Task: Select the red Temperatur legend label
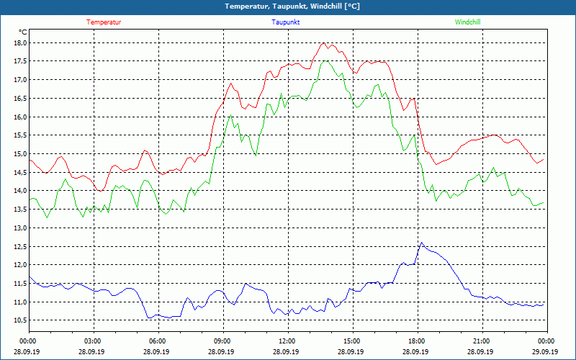tap(104, 22)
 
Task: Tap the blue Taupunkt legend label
tap(286, 22)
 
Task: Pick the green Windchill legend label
tap(468, 22)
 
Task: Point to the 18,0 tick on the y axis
tap(20, 42)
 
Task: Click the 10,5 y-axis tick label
tap(20, 320)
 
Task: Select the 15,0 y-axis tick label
tap(20, 153)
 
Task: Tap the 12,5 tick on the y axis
tap(20, 246)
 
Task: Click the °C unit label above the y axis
tap(23, 32)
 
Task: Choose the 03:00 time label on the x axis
tap(93, 341)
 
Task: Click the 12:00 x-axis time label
tap(287, 341)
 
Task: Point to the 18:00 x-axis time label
tap(416, 341)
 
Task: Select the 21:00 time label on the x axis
tap(481, 341)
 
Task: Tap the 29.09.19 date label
tap(545, 351)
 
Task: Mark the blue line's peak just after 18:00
tap(421, 243)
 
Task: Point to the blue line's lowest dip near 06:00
tap(150, 318)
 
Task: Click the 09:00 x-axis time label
tap(222, 341)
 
